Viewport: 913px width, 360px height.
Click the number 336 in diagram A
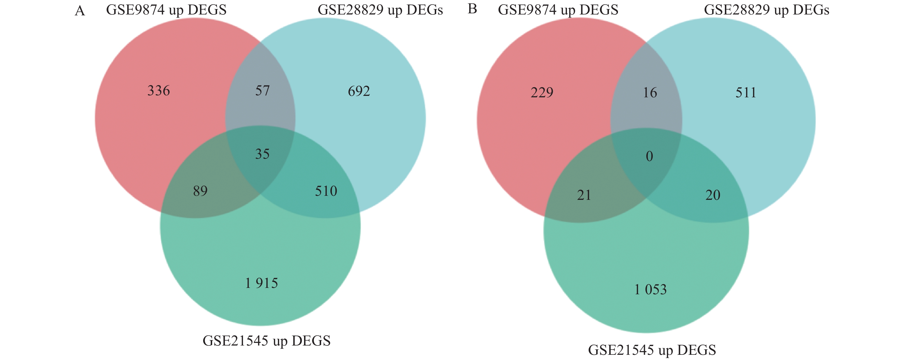[159, 91]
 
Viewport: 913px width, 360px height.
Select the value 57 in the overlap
[262, 91]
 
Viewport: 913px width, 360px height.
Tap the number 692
[359, 92]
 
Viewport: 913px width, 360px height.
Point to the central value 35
[262, 154]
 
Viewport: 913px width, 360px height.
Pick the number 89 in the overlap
[200, 191]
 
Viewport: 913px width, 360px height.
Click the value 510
[326, 191]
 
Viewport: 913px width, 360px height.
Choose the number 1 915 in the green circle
[261, 283]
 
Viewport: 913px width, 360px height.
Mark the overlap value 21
[584, 195]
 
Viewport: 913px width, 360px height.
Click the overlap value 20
[713, 195]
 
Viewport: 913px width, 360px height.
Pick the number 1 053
[650, 290]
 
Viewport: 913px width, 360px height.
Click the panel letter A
[80, 11]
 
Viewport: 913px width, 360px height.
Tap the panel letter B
[472, 9]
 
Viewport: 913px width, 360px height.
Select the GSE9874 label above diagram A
[166, 10]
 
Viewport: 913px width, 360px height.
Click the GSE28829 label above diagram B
[766, 10]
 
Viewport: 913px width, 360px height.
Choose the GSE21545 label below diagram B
[652, 350]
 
